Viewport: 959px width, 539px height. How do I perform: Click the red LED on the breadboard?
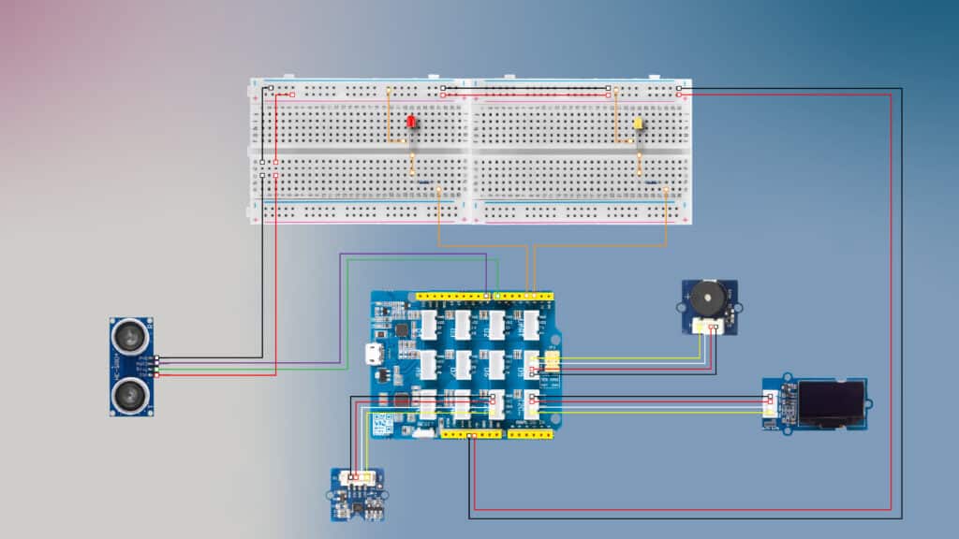(411, 124)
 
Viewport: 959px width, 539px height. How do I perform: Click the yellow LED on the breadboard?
(639, 124)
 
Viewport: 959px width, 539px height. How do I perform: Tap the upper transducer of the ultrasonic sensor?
(131, 334)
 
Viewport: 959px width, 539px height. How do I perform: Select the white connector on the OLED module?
(770, 404)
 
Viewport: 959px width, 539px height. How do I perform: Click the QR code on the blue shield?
(381, 424)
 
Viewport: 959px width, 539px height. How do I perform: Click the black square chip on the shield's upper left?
(402, 329)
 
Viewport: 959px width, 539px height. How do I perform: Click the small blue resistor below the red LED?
(423, 182)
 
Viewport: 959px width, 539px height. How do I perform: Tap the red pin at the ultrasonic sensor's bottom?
(157, 375)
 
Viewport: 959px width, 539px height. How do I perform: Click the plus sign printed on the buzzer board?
(689, 299)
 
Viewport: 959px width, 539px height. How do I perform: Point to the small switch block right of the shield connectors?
(553, 362)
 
